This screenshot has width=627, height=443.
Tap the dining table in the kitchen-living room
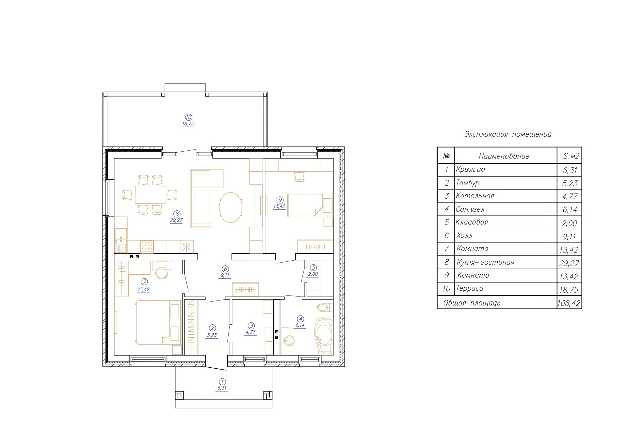[151, 195]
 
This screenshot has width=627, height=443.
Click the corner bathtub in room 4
[324, 336]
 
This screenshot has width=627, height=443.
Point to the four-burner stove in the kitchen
[147, 247]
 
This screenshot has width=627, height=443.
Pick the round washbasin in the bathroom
[289, 341]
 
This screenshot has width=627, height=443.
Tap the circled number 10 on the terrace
[188, 117]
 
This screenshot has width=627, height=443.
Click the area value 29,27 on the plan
[176, 221]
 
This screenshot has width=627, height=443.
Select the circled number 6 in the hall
[225, 269]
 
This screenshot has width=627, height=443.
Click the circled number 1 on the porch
[222, 382]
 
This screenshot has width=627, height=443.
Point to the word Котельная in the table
[475, 196]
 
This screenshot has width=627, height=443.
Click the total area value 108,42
[569, 303]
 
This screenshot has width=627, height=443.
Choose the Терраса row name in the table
[470, 288]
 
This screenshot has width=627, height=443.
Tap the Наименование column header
[504, 156]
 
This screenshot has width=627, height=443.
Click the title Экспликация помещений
[508, 134]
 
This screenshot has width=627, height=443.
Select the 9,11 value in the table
[570, 237]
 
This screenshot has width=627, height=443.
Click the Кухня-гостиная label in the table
[485, 262]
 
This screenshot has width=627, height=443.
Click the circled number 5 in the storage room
[313, 267]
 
